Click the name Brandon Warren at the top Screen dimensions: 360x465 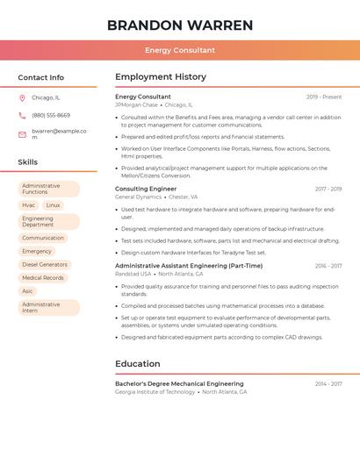coord(180,25)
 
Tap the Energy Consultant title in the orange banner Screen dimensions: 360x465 coord(180,50)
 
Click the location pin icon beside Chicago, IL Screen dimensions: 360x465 coord(22,97)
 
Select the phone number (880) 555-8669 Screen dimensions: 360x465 coord(51,115)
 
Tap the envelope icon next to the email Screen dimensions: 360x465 coord(22,133)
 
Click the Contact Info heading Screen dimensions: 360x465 coord(41,77)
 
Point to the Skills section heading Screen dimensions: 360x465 coord(28,162)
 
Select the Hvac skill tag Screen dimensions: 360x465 coord(29,205)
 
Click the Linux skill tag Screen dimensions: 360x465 coord(54,205)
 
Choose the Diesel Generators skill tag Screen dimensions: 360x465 coord(45,264)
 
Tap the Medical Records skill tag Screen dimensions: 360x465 coord(43,277)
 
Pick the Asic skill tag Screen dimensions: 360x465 coord(28,290)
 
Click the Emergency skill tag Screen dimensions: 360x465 coord(37,251)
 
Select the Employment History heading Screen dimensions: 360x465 coord(161,77)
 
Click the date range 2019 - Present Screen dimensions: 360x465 coord(324,97)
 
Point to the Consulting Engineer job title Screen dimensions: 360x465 coord(146,189)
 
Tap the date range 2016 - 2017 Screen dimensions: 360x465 coord(328,266)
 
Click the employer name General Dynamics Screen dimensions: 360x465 coord(139,197)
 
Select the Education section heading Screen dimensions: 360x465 coord(138,363)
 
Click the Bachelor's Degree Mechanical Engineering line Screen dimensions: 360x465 coord(179,383)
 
